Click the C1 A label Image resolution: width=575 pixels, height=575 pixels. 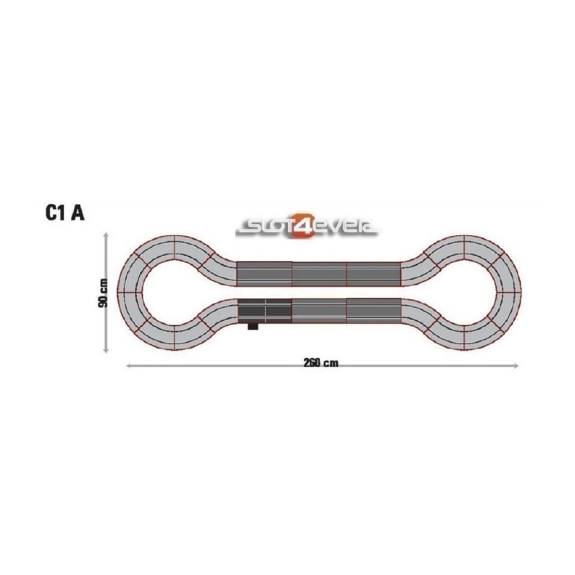[x=64, y=212]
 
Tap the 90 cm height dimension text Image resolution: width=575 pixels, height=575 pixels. [x=103, y=293]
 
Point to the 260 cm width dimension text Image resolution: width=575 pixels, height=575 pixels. [x=321, y=363]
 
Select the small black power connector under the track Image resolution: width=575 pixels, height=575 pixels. [x=253, y=326]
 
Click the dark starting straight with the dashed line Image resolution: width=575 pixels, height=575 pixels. [x=264, y=310]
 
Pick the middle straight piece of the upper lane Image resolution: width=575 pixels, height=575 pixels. [x=319, y=274]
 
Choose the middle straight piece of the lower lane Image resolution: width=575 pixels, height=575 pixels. [x=319, y=310]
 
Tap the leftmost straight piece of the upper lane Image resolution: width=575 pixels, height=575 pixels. [x=264, y=274]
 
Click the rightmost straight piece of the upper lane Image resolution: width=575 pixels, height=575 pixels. [x=374, y=274]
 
